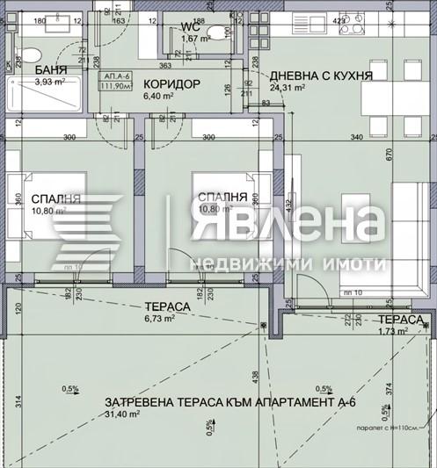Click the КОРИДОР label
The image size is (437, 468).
pyautogui.click(x=172, y=84)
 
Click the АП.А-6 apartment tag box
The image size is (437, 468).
pyautogui.click(x=113, y=82)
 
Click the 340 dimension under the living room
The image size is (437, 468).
pyautogui.click(x=355, y=138)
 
